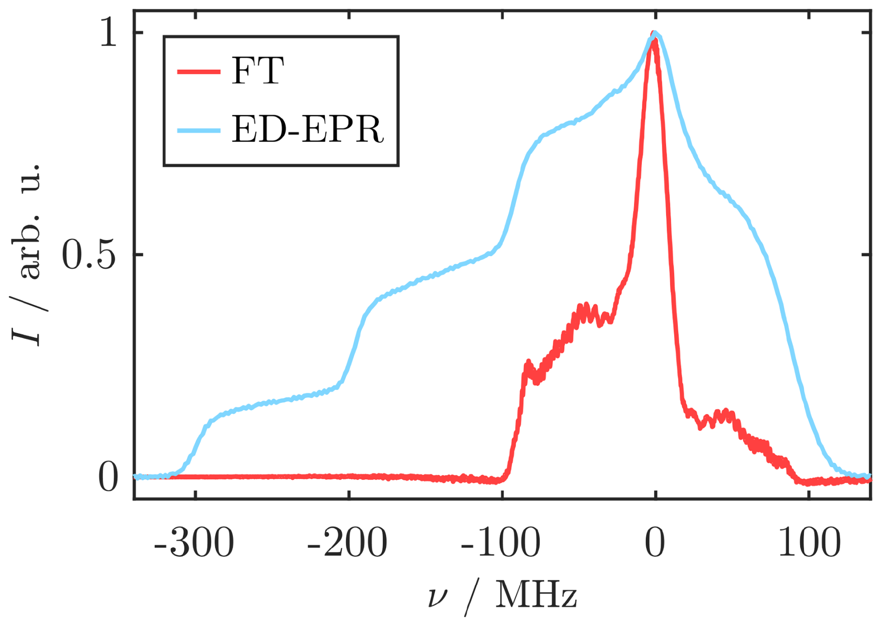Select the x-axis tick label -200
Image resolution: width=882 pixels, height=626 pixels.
tap(347, 543)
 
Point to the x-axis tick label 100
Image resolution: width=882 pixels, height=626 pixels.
tap(809, 543)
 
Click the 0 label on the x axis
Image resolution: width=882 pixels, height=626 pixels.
tap(655, 543)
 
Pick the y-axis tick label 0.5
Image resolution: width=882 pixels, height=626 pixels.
tap(89, 255)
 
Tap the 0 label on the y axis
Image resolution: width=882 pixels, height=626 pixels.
tap(108, 477)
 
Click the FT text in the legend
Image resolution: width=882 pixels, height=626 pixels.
tap(257, 71)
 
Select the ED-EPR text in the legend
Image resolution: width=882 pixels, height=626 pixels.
tap(308, 129)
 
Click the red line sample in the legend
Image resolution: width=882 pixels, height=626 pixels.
tap(199, 71)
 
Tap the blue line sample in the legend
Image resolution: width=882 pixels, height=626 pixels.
tap(199, 130)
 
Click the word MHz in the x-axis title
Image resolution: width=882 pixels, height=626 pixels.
tap(536, 595)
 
